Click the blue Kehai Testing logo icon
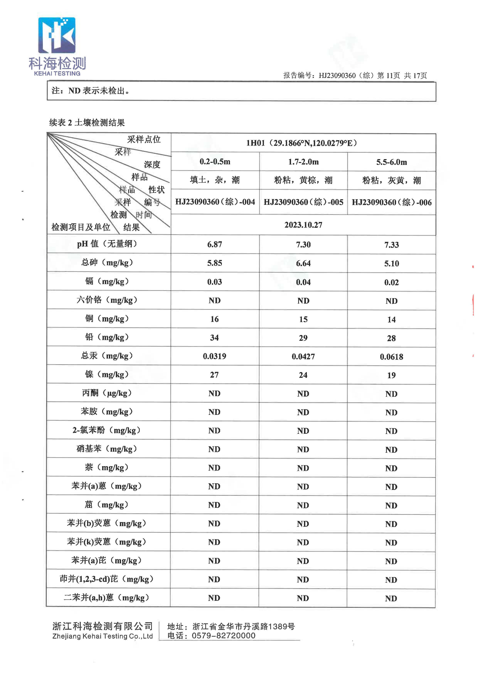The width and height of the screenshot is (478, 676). (x=57, y=35)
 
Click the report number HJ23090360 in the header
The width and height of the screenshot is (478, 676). (x=337, y=76)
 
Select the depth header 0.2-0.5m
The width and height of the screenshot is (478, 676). (x=215, y=162)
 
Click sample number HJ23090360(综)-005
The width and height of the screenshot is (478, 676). (x=303, y=202)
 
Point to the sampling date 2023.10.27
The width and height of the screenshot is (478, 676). (x=303, y=225)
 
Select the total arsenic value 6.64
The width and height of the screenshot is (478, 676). (x=303, y=263)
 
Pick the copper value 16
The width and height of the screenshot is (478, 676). (x=214, y=319)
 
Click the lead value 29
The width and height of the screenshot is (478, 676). (x=303, y=338)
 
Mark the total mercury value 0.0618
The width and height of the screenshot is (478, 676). (x=391, y=357)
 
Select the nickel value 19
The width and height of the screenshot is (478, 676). (x=391, y=375)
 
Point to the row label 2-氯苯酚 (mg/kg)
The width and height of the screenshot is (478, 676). (x=107, y=430)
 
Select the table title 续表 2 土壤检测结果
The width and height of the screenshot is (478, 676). (x=87, y=122)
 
